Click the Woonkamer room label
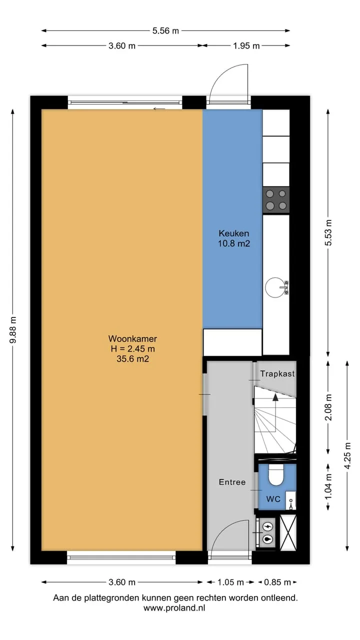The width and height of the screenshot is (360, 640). (x=132, y=338)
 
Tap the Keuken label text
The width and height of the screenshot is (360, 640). (x=233, y=233)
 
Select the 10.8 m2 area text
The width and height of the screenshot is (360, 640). (x=233, y=243)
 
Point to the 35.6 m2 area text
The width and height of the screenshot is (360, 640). (x=132, y=358)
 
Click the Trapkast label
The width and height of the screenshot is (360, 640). (x=277, y=373)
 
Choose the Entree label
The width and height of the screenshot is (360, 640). (x=232, y=482)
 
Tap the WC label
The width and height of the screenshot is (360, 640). (x=273, y=499)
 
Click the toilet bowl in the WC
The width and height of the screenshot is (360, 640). (x=275, y=475)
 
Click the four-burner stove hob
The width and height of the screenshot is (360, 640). (x=276, y=200)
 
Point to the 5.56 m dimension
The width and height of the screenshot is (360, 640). (x=165, y=30)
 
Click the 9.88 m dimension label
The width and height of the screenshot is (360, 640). (x=13, y=329)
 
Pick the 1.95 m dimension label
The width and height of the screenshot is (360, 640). (x=246, y=45)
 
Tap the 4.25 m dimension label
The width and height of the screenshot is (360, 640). (x=347, y=456)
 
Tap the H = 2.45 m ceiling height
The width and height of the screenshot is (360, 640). (x=133, y=348)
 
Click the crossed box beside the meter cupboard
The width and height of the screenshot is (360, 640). (x=288, y=532)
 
